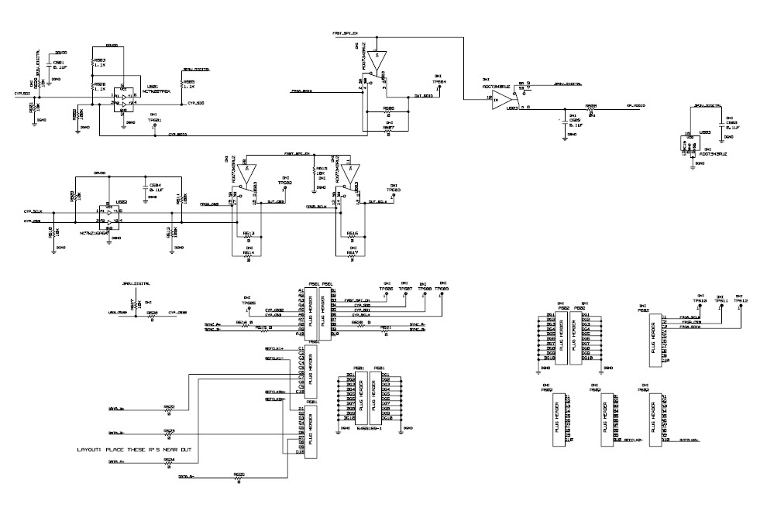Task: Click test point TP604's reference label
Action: (439, 81)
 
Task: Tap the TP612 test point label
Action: (740, 300)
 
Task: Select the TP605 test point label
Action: (248, 303)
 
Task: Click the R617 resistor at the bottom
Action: (352, 256)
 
